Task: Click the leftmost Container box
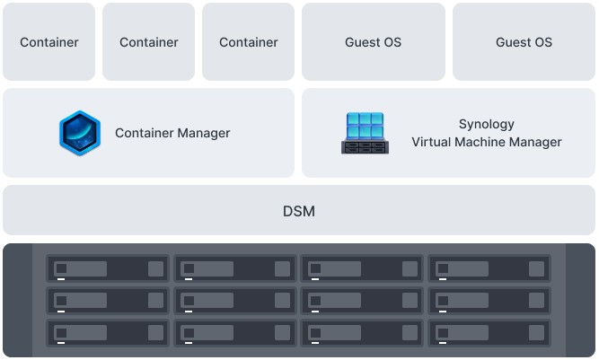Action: tap(49, 42)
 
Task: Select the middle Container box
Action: tap(149, 42)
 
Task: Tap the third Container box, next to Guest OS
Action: tap(249, 42)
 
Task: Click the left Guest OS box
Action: tap(373, 42)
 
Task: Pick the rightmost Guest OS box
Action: tap(524, 42)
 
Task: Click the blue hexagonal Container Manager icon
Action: tap(79, 133)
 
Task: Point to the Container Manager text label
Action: tap(172, 133)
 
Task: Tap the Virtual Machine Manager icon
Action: tap(365, 133)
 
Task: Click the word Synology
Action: tap(487, 125)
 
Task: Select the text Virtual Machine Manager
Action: tap(487, 142)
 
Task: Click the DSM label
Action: tap(299, 211)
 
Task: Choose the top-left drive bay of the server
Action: tap(109, 268)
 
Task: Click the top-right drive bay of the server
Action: tap(489, 268)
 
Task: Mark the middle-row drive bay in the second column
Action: tap(235, 300)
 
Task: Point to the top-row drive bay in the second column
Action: tap(235, 268)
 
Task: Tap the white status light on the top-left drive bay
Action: tap(61, 278)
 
